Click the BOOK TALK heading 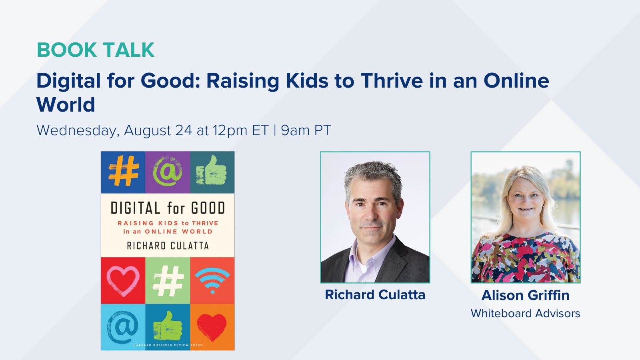coord(95,50)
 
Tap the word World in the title coord(66,105)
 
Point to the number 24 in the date coord(184,130)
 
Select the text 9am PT coord(306,130)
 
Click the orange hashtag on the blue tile coord(124,172)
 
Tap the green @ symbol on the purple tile coord(168,172)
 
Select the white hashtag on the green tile coord(168,281)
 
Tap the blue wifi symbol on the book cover coord(212,279)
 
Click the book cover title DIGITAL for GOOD coord(168,208)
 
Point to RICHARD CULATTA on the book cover coord(168,246)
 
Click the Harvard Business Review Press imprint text coord(168,345)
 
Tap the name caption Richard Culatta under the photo coord(375,295)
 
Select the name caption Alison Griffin coord(525,295)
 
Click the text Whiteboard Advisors coord(525,314)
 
